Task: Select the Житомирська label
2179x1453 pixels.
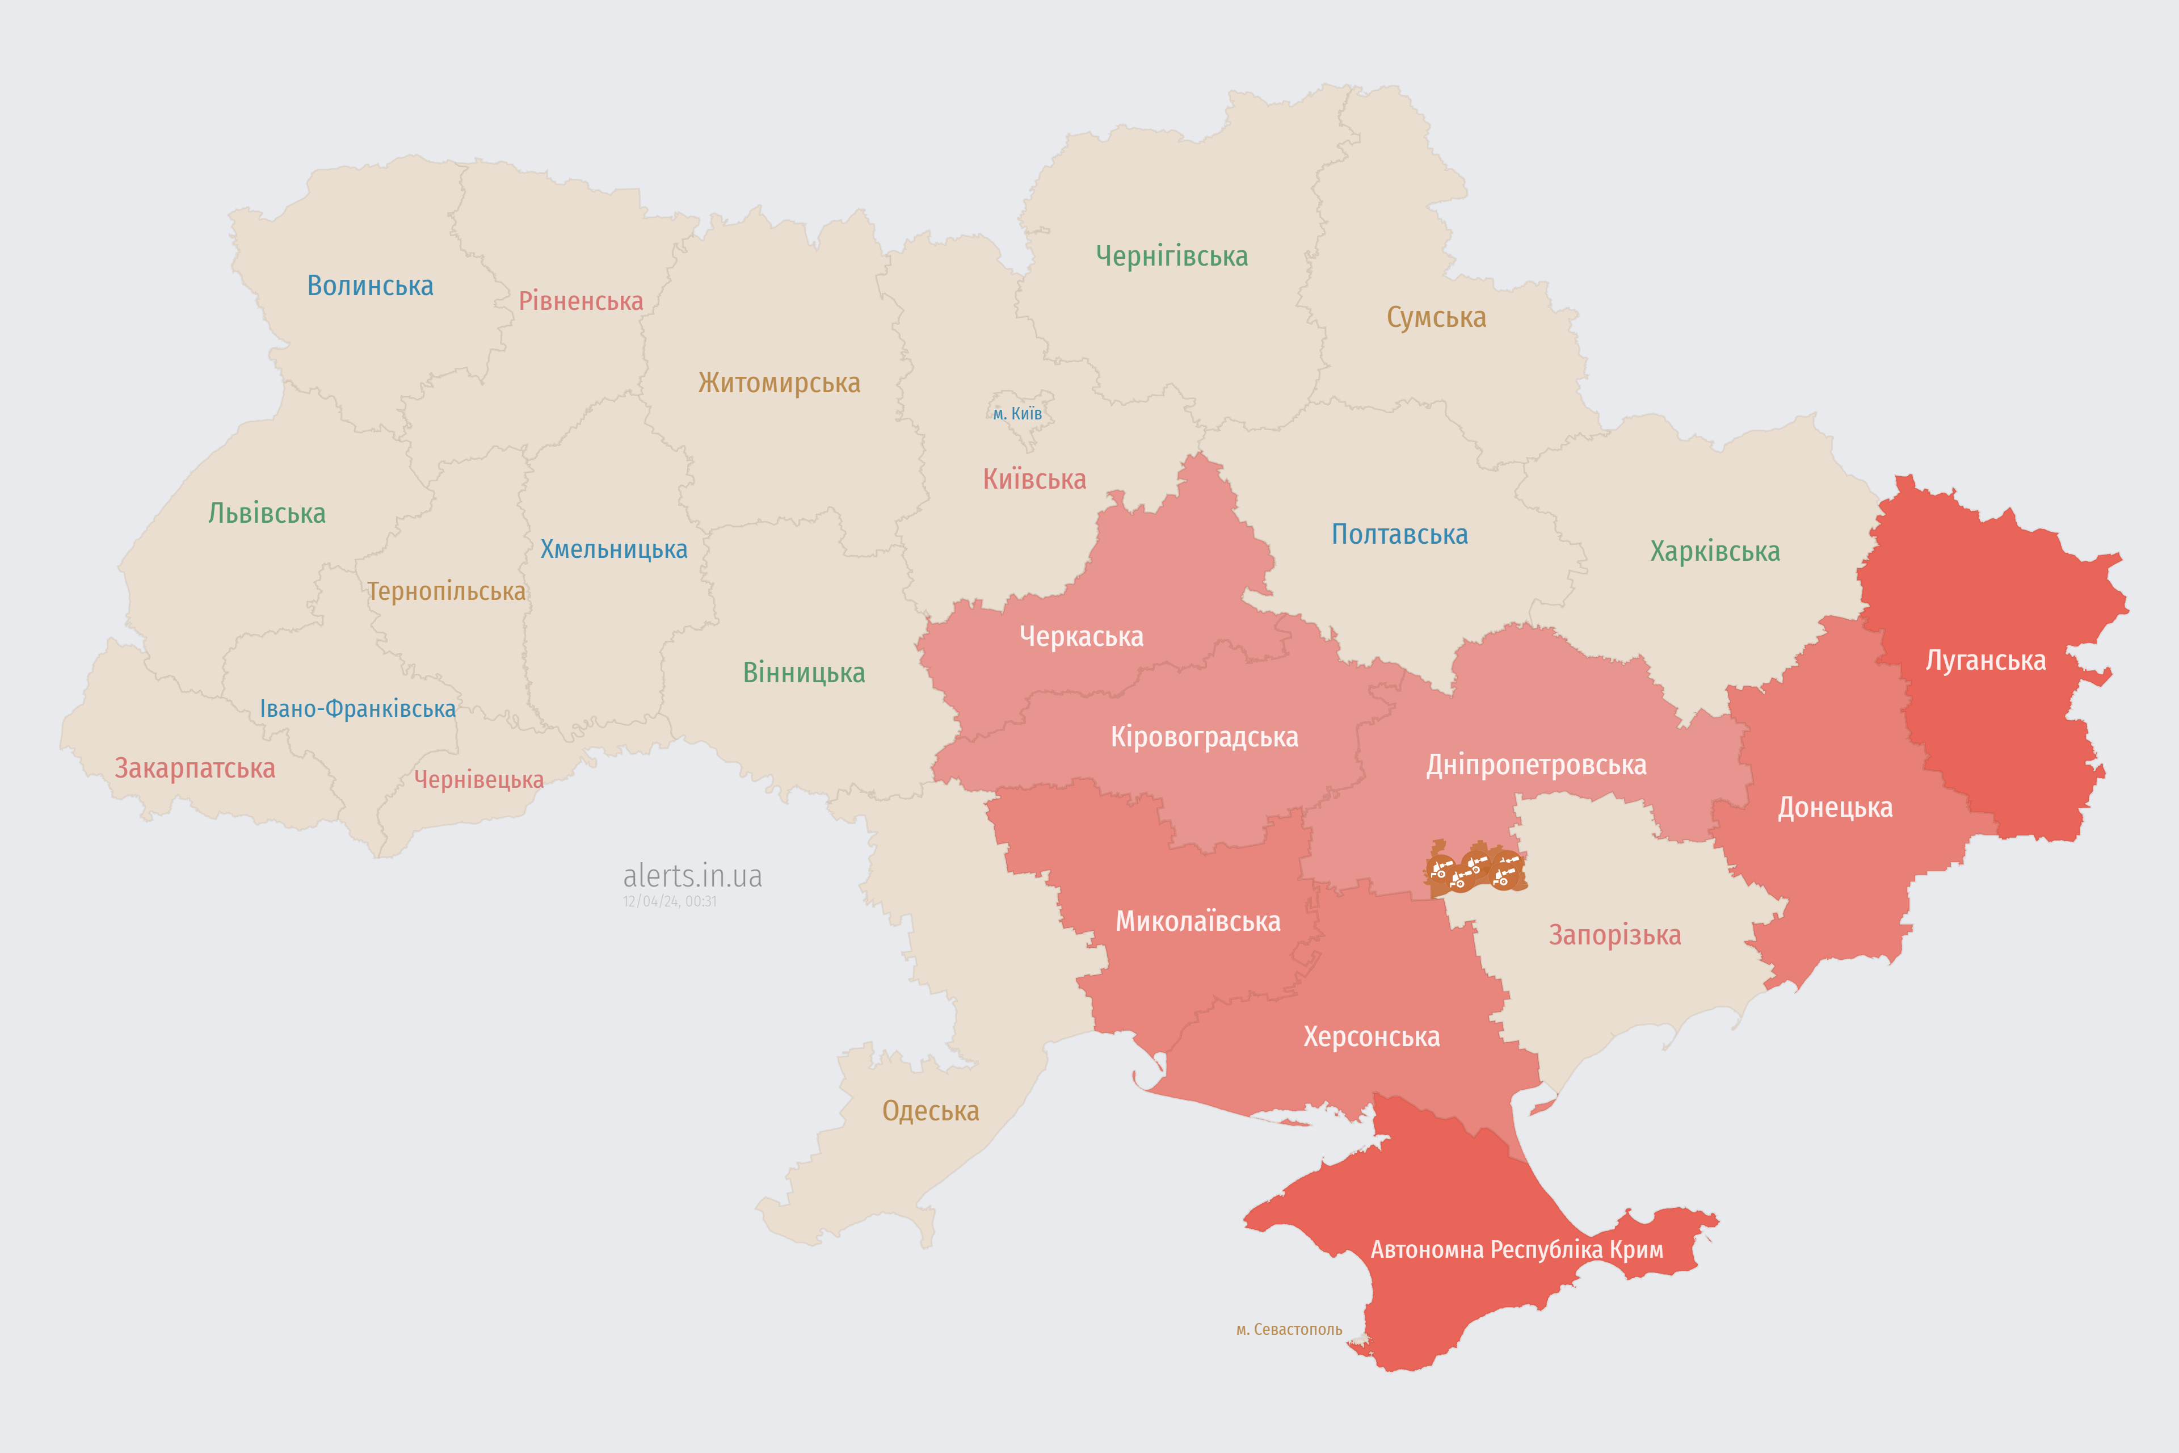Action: coord(779,383)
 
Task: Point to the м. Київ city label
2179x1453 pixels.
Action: coord(1017,413)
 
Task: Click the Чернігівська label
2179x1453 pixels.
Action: coord(1171,256)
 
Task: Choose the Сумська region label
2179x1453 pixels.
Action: coord(1436,317)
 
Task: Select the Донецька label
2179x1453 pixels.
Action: coord(1835,807)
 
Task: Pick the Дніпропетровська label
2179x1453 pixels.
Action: coord(1536,765)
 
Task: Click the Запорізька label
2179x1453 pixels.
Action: coord(1615,934)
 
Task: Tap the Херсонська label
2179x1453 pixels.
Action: coord(1371,1036)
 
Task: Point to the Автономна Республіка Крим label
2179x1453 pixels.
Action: coord(1517,1249)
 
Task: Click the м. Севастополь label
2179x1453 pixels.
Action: coord(1289,1329)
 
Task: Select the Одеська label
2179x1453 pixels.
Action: coord(930,1110)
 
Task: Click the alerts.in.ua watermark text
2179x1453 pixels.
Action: coord(692,875)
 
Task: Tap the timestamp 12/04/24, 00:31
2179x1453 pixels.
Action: coord(670,901)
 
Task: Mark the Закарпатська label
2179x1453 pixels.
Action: coord(195,768)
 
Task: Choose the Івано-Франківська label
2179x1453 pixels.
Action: coord(357,709)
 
